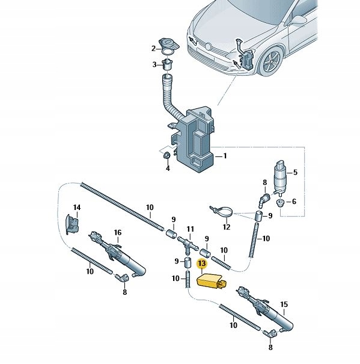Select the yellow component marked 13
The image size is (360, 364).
(x=210, y=280)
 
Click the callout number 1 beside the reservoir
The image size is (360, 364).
(x=225, y=156)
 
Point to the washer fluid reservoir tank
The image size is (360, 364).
(x=195, y=141)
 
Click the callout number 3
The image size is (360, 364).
(x=154, y=65)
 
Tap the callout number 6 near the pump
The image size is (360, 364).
(x=294, y=202)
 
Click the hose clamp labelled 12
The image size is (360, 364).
(x=222, y=211)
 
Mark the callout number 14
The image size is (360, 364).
(x=76, y=208)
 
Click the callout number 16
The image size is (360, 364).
(x=118, y=232)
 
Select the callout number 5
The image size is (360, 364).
(x=294, y=173)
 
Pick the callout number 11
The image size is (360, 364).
(x=191, y=229)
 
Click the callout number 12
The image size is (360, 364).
(x=226, y=227)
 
